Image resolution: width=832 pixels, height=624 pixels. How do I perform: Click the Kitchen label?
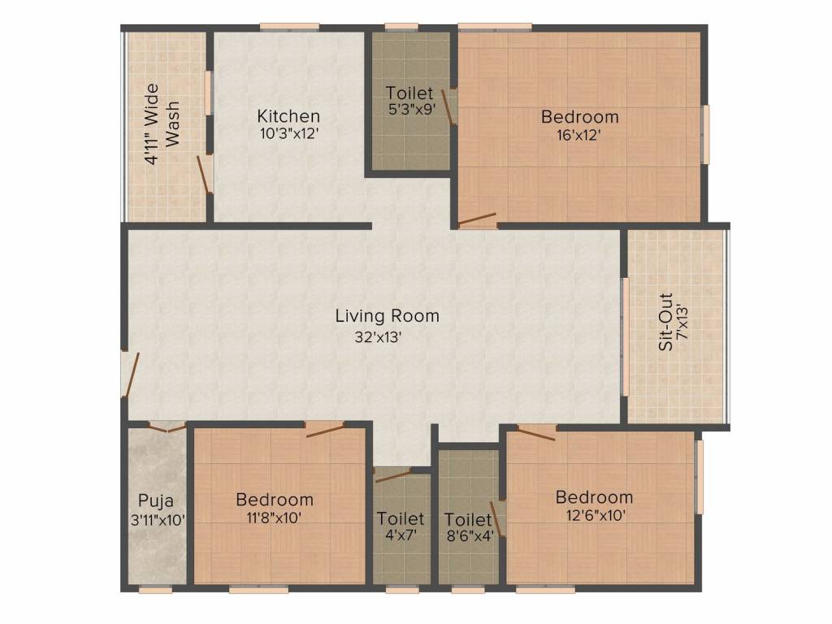pos(288,115)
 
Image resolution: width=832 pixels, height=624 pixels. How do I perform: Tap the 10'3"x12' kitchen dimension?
pos(288,133)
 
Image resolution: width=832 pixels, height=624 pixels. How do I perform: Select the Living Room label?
pos(388,316)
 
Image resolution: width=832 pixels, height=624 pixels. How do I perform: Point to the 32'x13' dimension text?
pos(378,337)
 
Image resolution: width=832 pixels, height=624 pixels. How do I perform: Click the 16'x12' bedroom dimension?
pos(578,135)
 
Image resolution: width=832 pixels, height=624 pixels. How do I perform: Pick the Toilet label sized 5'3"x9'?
pos(409,93)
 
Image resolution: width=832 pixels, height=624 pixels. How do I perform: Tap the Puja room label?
pos(155,500)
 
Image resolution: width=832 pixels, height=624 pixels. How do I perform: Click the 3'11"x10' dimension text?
pos(158,520)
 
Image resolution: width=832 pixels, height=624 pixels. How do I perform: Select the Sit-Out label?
pos(666,322)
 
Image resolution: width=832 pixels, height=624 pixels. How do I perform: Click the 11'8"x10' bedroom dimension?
pos(275,518)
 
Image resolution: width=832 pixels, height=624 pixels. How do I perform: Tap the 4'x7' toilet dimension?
pos(401,535)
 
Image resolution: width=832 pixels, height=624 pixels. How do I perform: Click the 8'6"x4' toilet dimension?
pos(469,535)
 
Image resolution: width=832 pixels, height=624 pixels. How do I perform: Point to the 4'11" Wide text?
pos(152,124)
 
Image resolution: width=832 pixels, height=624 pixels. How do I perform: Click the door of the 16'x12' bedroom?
pos(477,219)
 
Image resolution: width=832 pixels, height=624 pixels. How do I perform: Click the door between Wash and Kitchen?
pos(204,174)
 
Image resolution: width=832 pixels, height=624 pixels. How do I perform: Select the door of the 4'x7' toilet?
pos(392,476)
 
